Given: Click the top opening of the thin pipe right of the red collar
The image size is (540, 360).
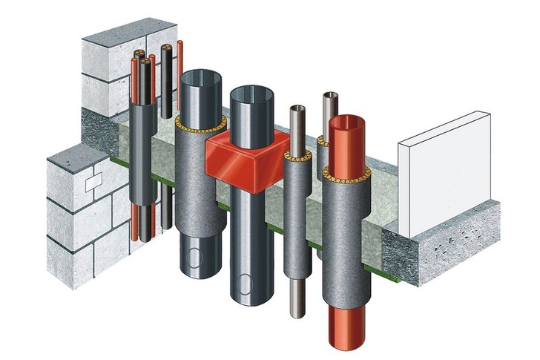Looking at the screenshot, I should pos(297,109).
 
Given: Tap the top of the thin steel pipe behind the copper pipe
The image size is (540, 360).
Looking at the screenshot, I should pos(330,95).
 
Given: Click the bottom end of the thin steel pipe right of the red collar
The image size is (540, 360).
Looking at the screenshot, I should pos(297,312).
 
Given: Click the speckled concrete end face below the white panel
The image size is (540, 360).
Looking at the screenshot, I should pos(456,252).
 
